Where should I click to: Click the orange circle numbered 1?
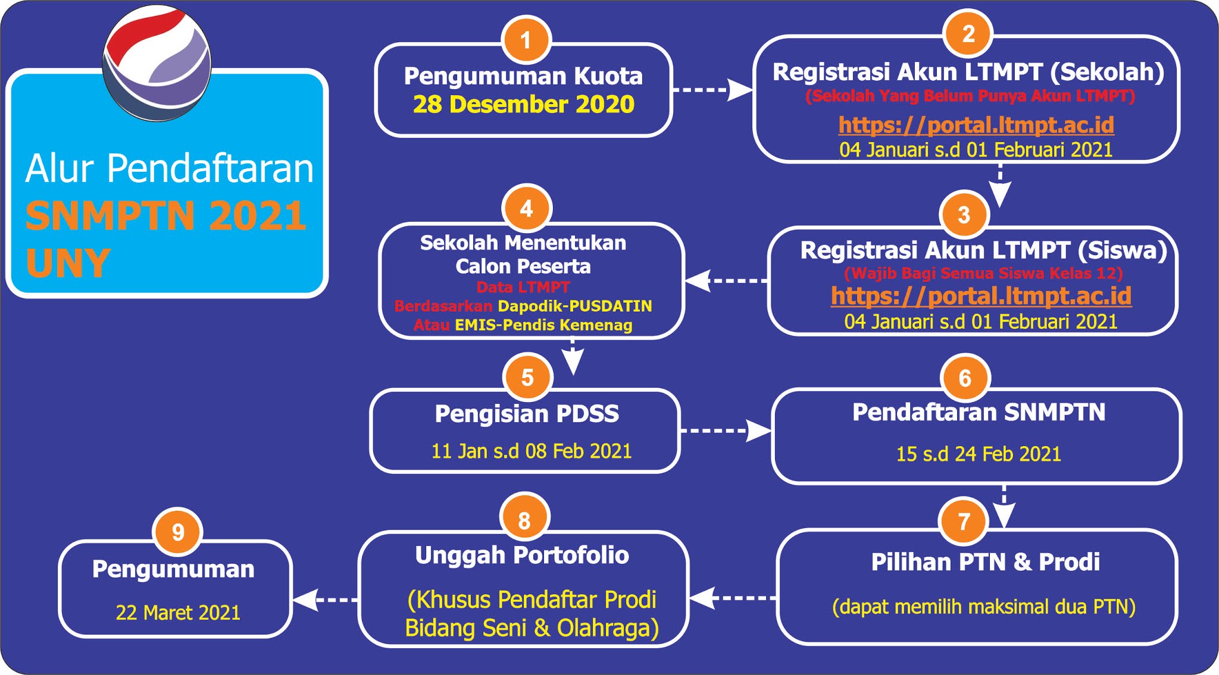526,40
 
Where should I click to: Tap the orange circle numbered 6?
965,378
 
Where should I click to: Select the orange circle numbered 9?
178,532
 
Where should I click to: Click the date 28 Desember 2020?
524,105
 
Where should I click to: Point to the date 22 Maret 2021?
178,613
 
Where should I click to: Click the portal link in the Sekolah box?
976,125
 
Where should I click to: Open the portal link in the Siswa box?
981,296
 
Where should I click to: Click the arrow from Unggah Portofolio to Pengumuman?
325,599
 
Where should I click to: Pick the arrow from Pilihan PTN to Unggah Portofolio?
733,598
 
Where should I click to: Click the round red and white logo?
157,62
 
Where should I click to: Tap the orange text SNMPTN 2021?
166,215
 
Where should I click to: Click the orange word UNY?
68,263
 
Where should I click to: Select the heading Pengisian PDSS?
527,414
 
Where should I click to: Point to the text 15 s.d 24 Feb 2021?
979,454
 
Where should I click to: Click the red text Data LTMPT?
523,287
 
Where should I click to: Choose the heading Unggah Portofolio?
522,555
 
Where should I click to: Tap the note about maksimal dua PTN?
984,607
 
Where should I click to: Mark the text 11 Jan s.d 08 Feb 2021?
531,451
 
